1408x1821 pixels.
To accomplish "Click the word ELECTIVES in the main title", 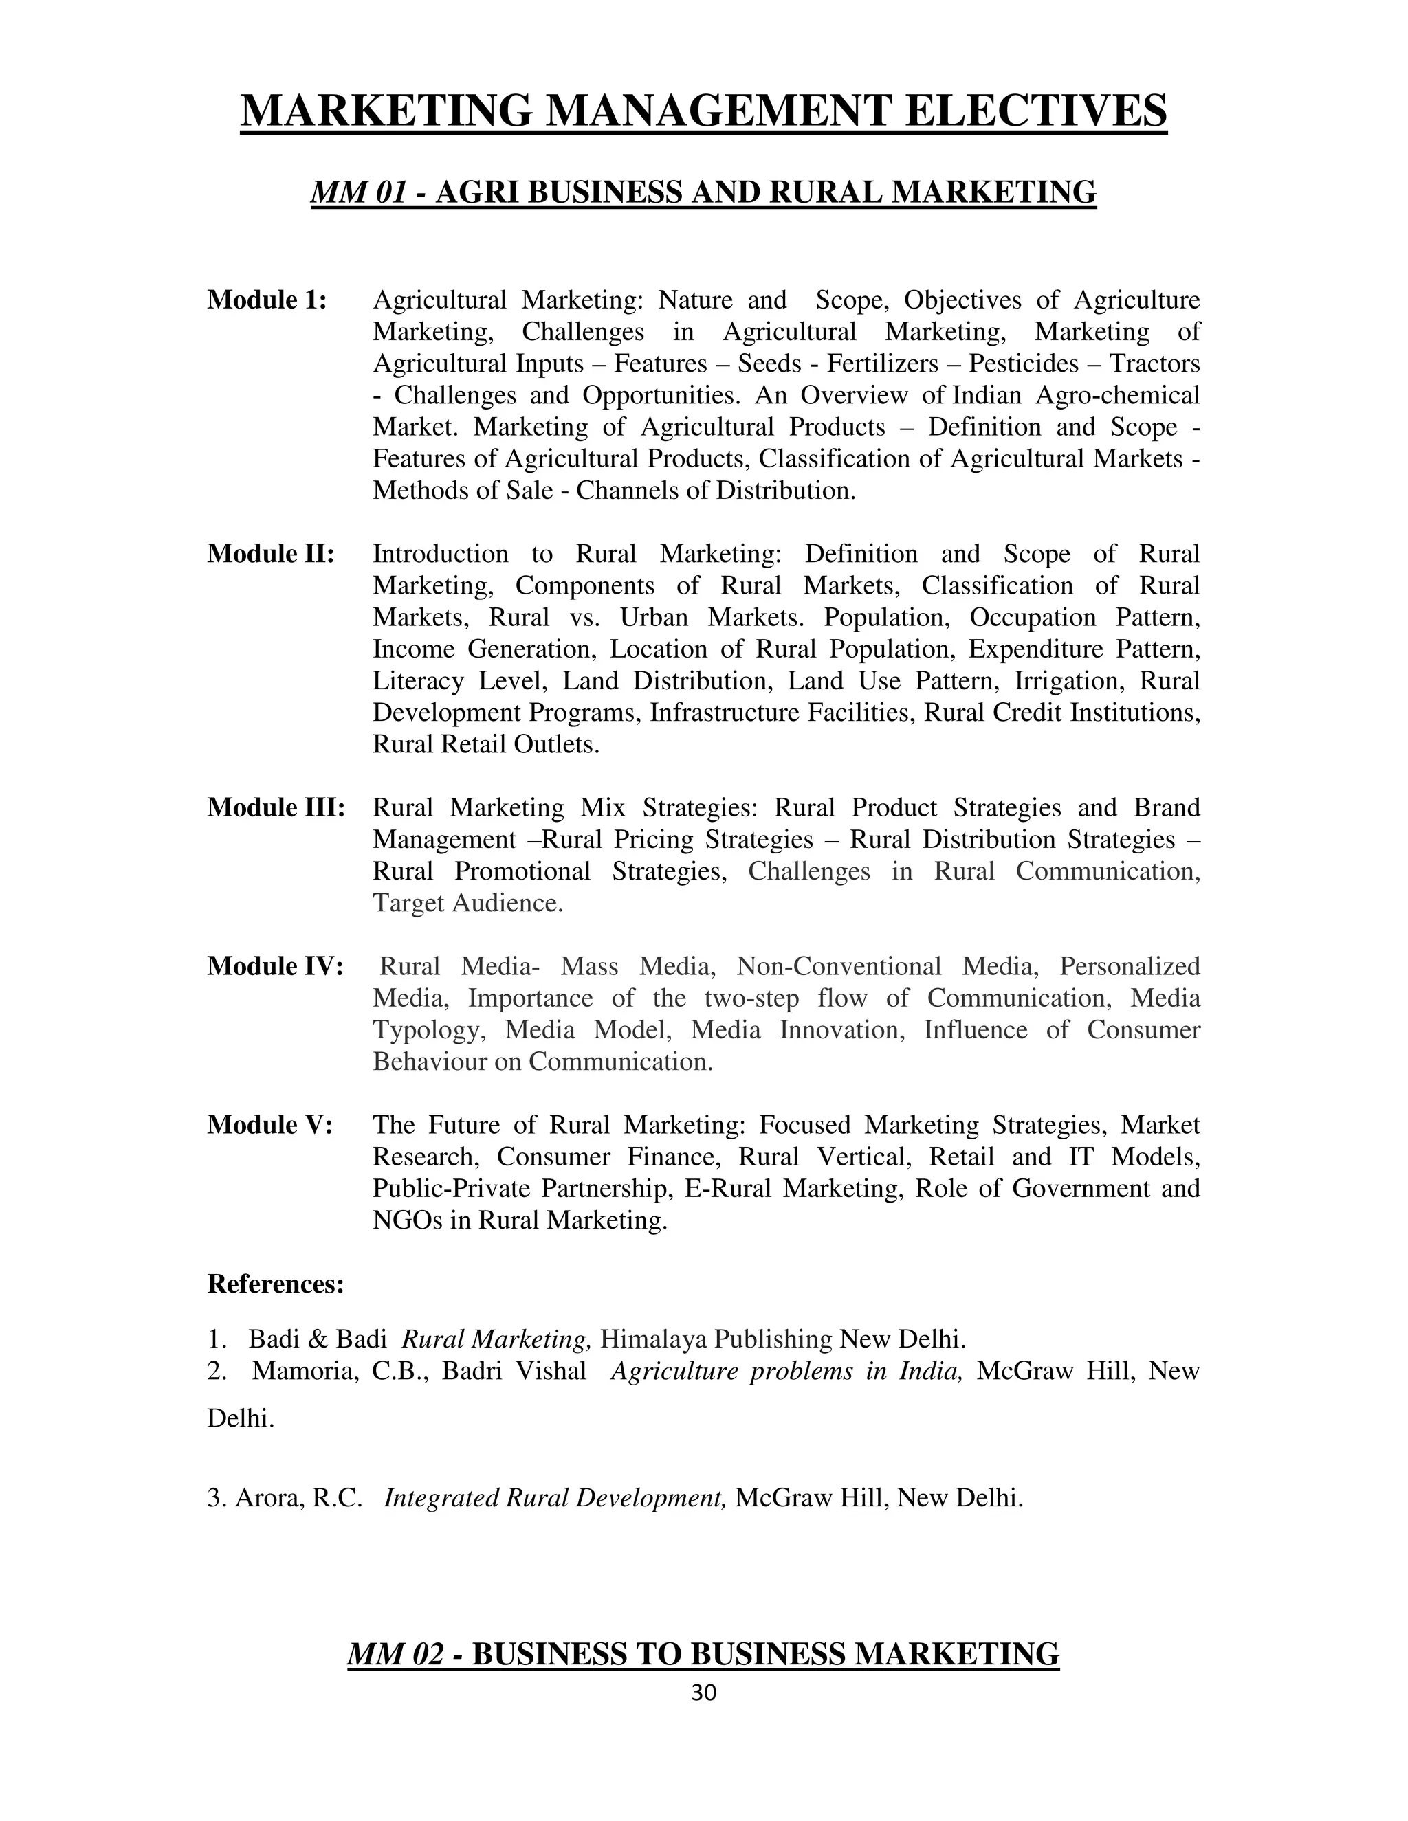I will (x=1035, y=111).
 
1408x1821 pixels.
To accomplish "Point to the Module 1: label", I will (x=267, y=300).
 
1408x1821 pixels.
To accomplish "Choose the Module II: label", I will (x=271, y=554).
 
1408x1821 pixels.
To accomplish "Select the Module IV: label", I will (x=275, y=966).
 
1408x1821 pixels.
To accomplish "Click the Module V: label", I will (x=270, y=1125).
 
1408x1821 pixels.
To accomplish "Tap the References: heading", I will (x=275, y=1284).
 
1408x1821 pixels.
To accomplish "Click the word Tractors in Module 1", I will (x=1154, y=364).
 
